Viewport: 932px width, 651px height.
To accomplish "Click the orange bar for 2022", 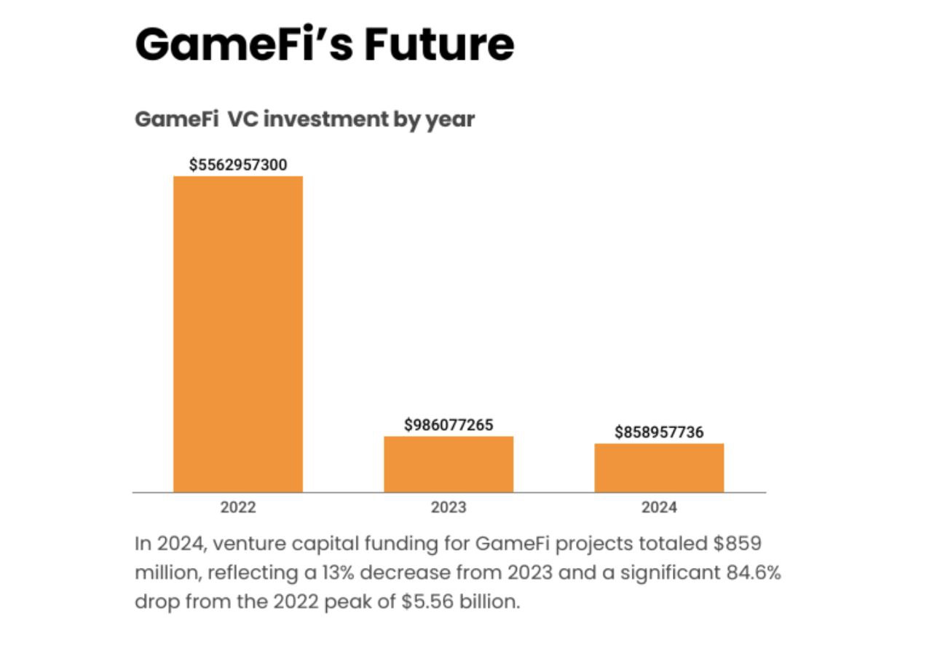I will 237,334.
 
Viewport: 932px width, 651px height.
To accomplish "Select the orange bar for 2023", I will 449,464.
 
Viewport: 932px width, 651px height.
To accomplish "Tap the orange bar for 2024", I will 659,467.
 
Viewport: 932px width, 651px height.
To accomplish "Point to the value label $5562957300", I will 238,165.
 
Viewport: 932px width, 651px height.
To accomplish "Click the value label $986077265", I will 449,425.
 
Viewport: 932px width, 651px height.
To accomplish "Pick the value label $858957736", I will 659,433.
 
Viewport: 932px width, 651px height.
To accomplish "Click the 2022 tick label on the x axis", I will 238,508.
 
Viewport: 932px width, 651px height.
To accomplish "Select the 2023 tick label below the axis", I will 449,508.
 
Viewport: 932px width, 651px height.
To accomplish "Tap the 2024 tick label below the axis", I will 659,508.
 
